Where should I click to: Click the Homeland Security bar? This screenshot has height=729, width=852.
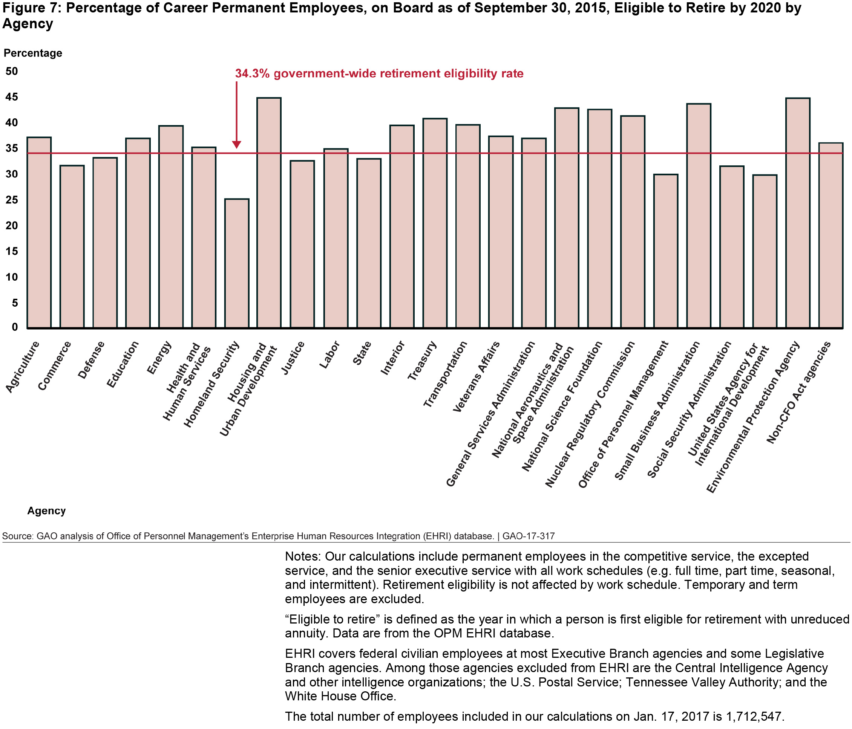[237, 263]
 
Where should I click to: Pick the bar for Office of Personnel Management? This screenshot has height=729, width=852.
[666, 251]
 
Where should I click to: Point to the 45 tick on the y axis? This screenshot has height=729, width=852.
[12, 97]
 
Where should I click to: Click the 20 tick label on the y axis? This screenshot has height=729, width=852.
[12, 225]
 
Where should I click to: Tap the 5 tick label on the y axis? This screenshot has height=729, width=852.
[15, 303]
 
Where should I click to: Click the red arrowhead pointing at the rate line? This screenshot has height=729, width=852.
[236, 144]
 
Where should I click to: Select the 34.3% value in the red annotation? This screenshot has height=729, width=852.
[252, 73]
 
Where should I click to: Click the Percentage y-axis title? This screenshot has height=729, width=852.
[33, 53]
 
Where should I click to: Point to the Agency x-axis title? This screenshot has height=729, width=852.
[46, 510]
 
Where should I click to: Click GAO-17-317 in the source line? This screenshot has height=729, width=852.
[529, 536]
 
